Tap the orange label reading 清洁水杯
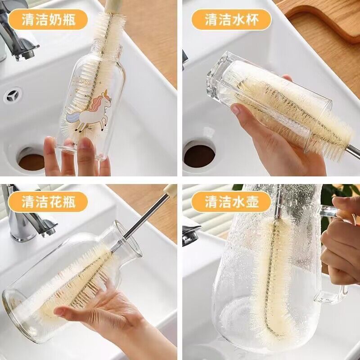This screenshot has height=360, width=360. click(231, 19)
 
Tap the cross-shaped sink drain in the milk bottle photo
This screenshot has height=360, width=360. click(12, 96)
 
